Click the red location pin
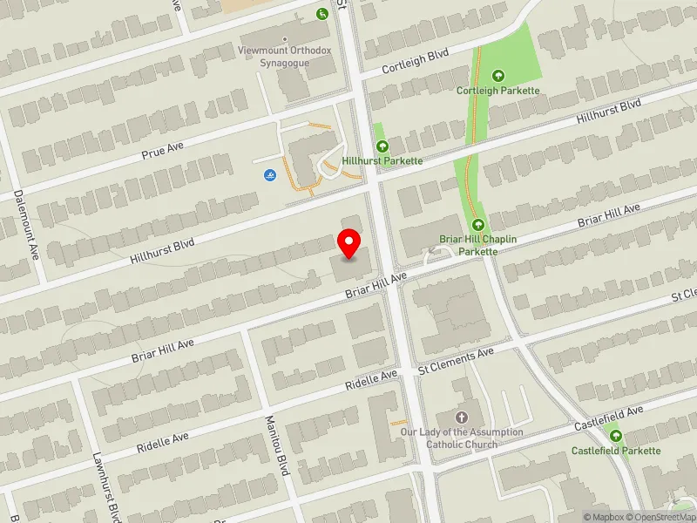point(349,243)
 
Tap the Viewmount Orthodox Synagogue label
point(285,57)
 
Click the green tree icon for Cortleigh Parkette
point(498,76)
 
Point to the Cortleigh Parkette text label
point(498,91)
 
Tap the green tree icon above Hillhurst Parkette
point(380,146)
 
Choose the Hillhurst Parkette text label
point(382,161)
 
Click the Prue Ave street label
point(163,149)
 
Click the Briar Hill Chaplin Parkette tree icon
point(478,225)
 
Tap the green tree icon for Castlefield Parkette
point(617,436)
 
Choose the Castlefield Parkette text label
point(616,451)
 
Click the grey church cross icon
point(462,418)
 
